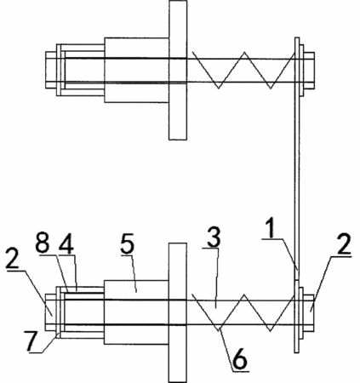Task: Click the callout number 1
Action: [271, 229]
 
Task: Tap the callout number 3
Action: [214, 237]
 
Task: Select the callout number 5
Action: [127, 244]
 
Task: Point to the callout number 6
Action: [240, 359]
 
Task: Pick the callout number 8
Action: [43, 244]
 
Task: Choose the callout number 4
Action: [66, 244]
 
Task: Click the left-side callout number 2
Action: [13, 259]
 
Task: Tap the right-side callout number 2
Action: [344, 244]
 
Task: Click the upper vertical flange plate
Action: [178, 70]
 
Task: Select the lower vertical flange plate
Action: [178, 312]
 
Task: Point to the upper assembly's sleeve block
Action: [137, 70]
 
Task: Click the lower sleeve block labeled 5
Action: [137, 312]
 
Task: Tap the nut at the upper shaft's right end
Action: [309, 70]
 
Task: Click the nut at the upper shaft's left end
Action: [51, 70]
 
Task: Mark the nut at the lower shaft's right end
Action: [309, 312]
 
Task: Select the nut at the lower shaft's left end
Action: [51, 312]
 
